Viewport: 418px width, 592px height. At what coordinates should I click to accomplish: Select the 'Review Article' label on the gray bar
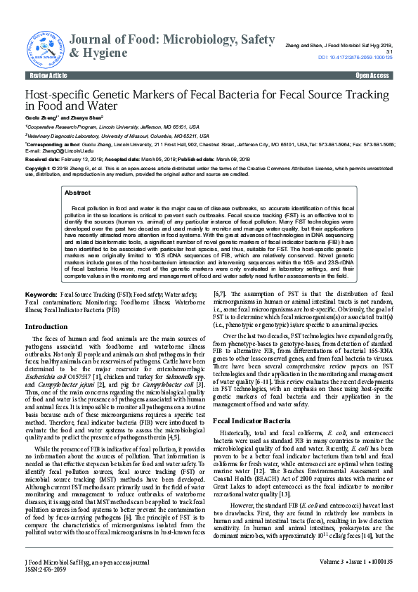click(48, 75)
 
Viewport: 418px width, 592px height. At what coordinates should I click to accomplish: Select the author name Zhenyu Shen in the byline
click(86, 117)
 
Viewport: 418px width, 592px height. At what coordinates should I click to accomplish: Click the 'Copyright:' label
click(38, 169)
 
